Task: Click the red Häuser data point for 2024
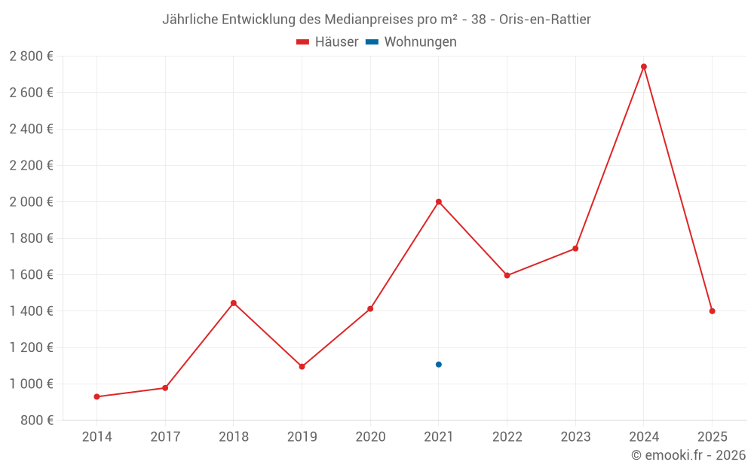point(643,66)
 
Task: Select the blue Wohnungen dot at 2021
point(438,365)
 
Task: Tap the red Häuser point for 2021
point(438,201)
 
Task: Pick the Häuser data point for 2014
point(97,396)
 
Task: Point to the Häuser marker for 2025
point(712,311)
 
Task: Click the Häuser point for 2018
point(233,303)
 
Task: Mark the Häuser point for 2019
point(302,367)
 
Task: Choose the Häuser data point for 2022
point(507,276)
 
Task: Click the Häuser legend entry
point(327,42)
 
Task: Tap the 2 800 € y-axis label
point(31,57)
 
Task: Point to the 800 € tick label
point(38,421)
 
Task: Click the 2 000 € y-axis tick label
point(31,202)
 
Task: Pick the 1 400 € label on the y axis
point(31,311)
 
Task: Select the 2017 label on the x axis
point(165,437)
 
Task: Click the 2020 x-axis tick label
point(370,437)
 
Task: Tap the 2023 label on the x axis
point(575,437)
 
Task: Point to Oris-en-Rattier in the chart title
point(545,19)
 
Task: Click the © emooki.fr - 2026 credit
point(688,455)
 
